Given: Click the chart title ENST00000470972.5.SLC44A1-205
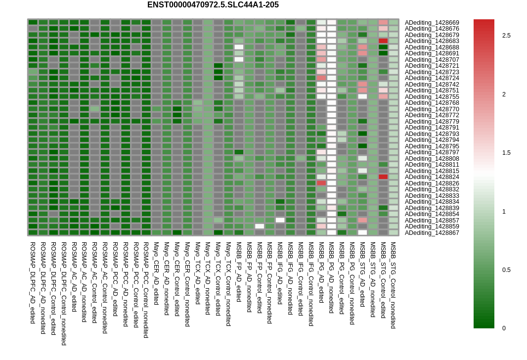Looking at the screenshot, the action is (x=213, y=5).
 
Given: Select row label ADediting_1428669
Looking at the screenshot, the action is (x=432, y=23).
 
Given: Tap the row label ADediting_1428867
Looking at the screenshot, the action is (x=432, y=232).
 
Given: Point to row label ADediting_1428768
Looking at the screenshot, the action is (x=432, y=103).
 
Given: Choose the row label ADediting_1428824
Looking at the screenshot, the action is (x=432, y=177).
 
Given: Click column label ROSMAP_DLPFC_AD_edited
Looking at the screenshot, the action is (x=33, y=283).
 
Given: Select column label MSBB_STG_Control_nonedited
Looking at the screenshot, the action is (x=393, y=285).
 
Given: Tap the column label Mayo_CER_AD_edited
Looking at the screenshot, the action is (x=156, y=273).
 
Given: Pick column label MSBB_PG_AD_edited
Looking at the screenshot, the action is (x=321, y=272).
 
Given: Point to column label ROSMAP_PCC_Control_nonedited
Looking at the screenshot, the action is (x=146, y=290).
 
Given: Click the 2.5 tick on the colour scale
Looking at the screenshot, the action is (x=506, y=36).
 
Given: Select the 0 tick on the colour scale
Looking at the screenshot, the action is (x=504, y=328).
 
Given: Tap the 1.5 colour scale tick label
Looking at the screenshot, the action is (x=506, y=153).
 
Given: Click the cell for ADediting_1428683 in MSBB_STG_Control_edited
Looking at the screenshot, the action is (x=383, y=41).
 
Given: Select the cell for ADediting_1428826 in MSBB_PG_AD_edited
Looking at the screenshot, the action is (x=321, y=183).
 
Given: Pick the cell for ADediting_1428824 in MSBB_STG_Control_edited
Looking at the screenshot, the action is (x=383, y=177).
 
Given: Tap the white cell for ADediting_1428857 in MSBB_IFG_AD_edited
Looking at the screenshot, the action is (x=280, y=220).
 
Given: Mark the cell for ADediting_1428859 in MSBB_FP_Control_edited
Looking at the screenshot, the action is (x=260, y=226).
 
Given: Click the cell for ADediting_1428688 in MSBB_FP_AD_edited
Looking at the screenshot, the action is (x=239, y=47).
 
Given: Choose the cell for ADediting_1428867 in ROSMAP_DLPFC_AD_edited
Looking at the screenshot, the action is (x=33, y=232).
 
